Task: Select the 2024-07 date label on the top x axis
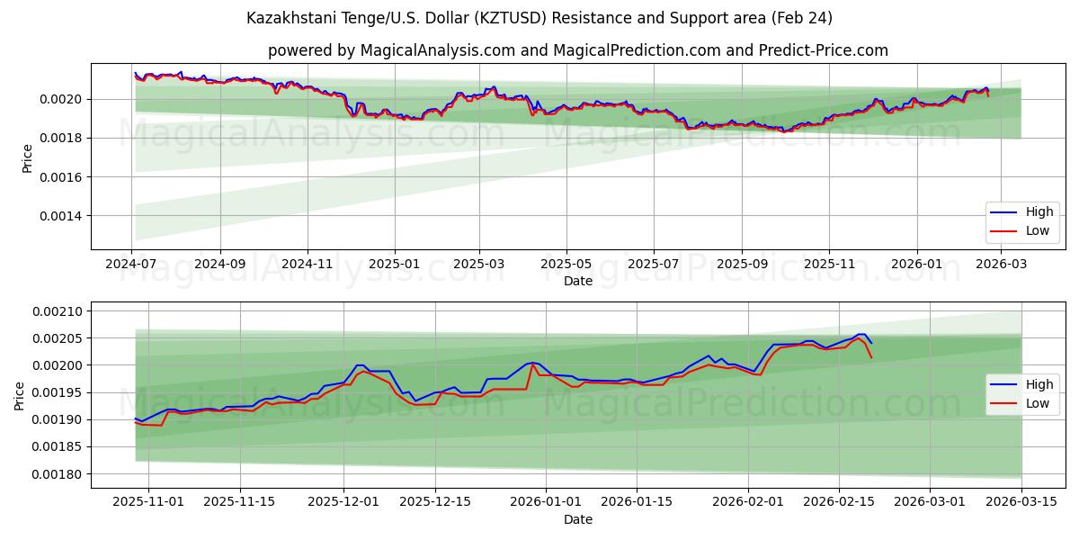tap(132, 265)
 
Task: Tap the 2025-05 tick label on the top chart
tap(566, 265)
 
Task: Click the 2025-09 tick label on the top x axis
tap(742, 265)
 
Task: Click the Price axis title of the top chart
tap(27, 157)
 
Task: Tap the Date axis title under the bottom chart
tap(578, 519)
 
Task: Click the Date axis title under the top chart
tap(578, 281)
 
